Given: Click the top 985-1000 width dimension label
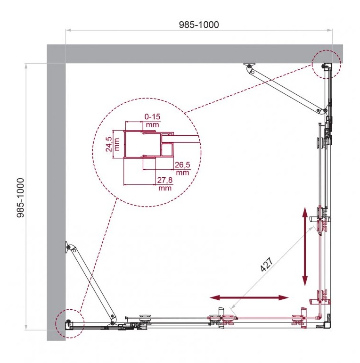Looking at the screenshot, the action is coord(199,25).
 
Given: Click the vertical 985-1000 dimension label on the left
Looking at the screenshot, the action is coord(20,198).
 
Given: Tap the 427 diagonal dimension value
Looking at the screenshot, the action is coord(267,264).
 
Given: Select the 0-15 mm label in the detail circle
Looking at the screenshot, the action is coord(152,121).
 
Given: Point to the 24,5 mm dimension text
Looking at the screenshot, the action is coord(113,144).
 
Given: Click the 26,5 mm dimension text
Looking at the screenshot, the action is coord(182,169).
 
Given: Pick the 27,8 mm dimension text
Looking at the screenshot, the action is coord(165,184).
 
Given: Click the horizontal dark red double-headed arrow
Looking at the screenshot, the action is coord(249,298).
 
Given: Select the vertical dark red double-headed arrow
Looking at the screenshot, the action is coord(305,247).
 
